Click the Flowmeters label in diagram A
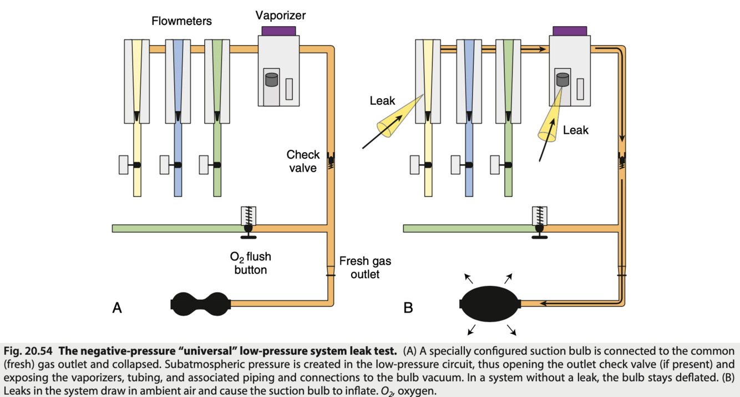[181, 22]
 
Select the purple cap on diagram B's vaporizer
[570, 31]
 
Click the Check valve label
[303, 161]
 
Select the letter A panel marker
[117, 307]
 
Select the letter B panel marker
[408, 307]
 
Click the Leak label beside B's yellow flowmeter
[382, 100]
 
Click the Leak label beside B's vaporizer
[575, 130]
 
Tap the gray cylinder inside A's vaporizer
[271, 79]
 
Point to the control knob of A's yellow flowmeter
[125, 165]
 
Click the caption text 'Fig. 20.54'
[28, 351]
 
